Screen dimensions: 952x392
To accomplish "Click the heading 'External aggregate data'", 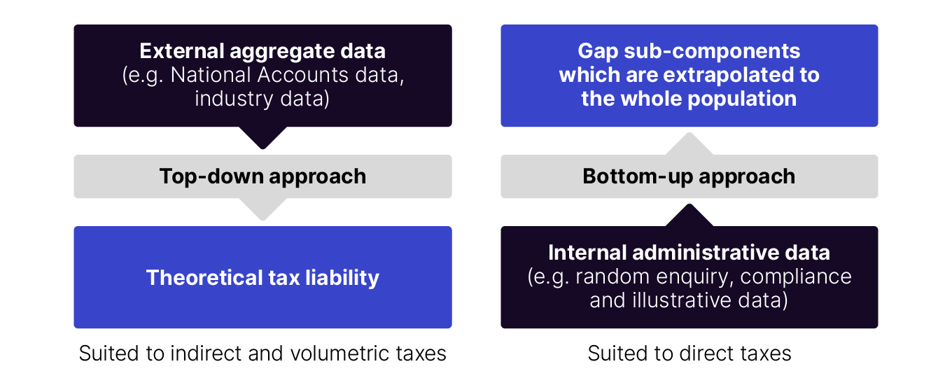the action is coord(262,51).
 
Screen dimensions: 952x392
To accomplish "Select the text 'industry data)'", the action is coord(262,99).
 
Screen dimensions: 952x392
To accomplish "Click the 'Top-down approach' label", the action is coord(262,176).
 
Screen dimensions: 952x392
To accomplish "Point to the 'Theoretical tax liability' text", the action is coord(262,278).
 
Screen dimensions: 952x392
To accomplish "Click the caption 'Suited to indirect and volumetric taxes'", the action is coord(262,353).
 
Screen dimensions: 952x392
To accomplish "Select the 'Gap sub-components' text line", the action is coord(689,51).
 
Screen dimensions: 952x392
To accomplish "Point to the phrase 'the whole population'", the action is coord(689,99).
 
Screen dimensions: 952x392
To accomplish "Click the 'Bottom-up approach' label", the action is coord(689,176).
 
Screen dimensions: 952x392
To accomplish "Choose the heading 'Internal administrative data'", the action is coord(689,253).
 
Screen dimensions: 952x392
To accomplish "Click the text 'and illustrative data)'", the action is coord(689,300).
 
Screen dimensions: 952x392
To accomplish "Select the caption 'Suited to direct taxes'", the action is coord(689,353).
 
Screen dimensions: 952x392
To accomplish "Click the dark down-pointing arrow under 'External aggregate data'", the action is coord(262,138).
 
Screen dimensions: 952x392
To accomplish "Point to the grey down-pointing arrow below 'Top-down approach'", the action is coord(262,209).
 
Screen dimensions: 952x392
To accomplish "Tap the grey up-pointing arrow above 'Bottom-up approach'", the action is coord(689,143).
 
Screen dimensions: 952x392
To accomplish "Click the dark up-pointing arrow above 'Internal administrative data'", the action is coord(689,215).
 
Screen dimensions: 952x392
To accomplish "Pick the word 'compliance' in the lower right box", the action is coord(796,276).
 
